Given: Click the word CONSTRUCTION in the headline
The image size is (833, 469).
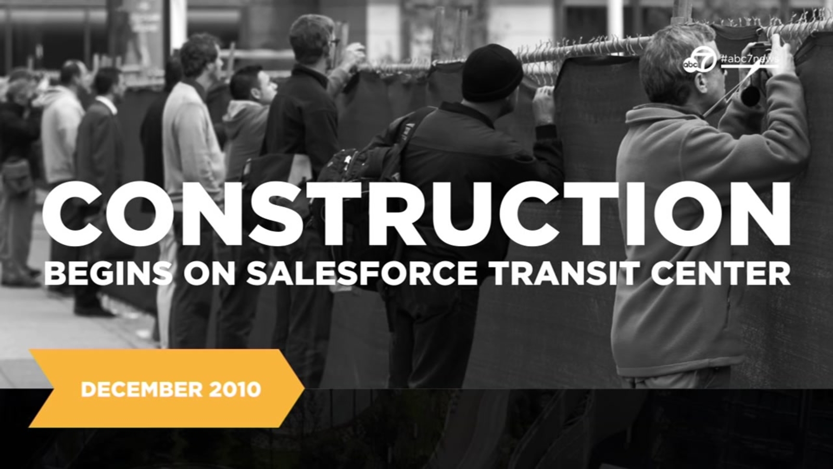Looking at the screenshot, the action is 416,214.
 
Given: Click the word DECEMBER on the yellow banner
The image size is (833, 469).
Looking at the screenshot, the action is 142,390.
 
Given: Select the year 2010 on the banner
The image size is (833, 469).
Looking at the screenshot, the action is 235,390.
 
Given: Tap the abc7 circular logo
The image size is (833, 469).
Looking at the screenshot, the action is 699,60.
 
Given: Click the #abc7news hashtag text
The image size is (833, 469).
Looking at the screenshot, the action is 748,59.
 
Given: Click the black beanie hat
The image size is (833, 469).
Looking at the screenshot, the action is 491,73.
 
